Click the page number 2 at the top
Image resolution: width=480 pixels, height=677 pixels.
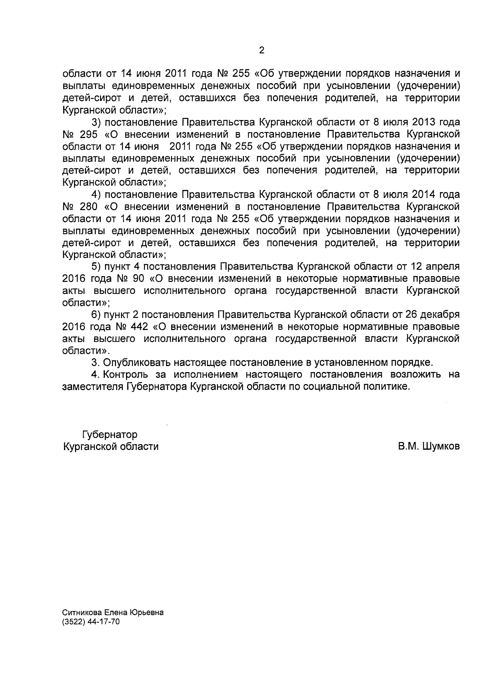tap(262, 50)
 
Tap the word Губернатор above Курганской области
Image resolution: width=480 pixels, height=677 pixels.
tap(110, 435)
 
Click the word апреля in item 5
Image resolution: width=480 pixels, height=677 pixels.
tap(440, 267)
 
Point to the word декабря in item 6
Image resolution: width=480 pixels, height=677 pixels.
tap(438, 315)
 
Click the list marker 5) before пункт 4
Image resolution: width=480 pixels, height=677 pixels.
tap(96, 267)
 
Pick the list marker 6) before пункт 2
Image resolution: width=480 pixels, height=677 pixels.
tap(96, 315)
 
